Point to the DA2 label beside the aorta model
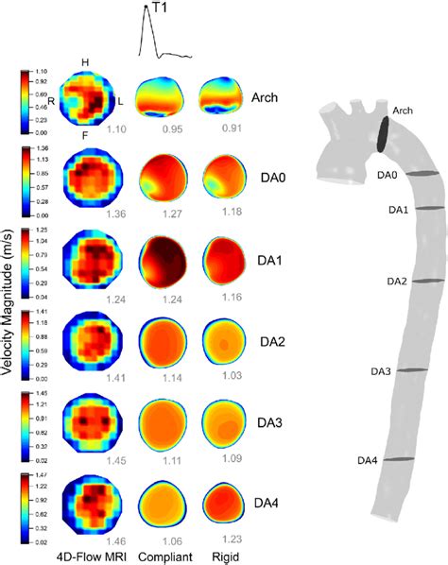click(x=387, y=282)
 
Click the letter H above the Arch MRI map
click(x=86, y=61)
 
